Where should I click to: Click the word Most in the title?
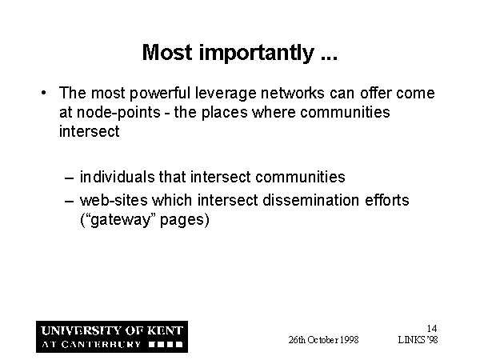167,52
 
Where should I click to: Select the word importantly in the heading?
257,54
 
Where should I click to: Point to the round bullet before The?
44,93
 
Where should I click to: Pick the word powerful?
160,94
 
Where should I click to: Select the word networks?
292,93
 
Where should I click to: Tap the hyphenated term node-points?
118,113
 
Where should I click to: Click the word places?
224,113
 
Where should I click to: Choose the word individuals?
118,177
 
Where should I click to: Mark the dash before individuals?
69,178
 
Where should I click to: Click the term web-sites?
114,200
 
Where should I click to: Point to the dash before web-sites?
69,201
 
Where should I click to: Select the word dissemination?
310,200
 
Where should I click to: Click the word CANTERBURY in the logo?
101,344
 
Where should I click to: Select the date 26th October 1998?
323,340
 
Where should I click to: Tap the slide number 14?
432,329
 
